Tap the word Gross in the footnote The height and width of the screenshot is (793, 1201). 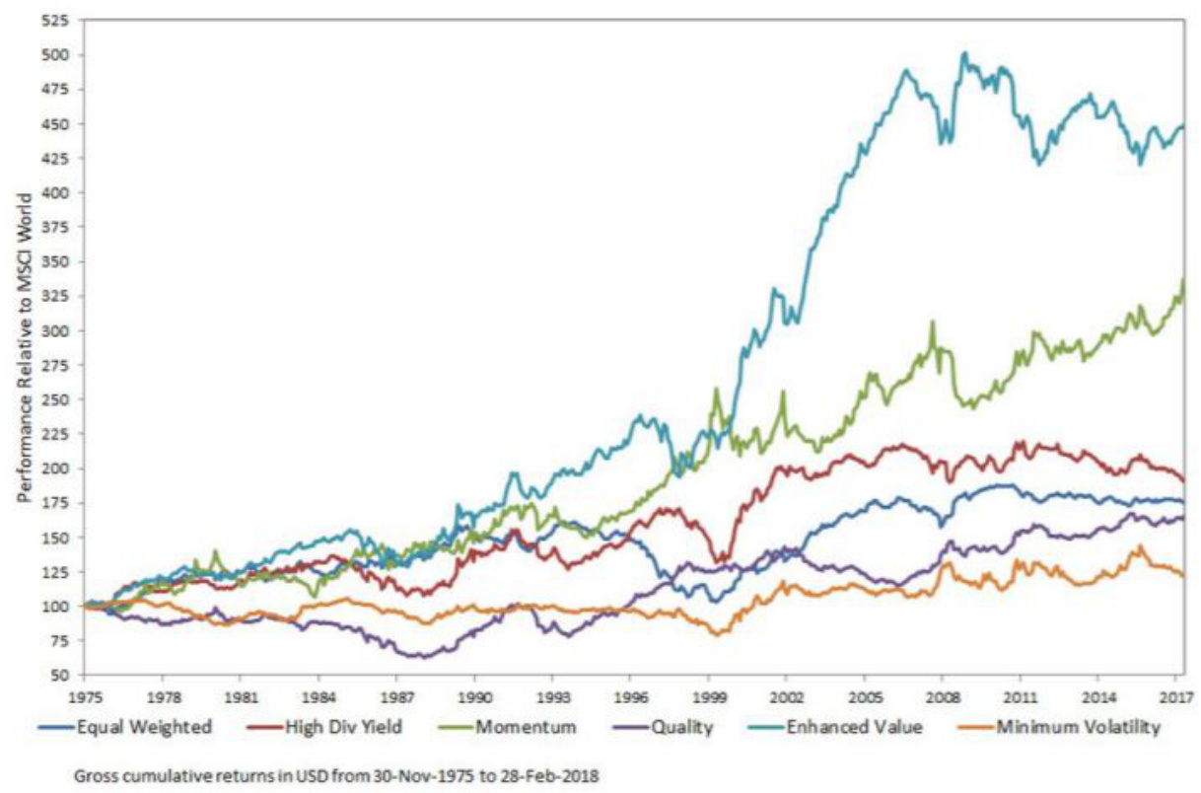pos(96,774)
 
